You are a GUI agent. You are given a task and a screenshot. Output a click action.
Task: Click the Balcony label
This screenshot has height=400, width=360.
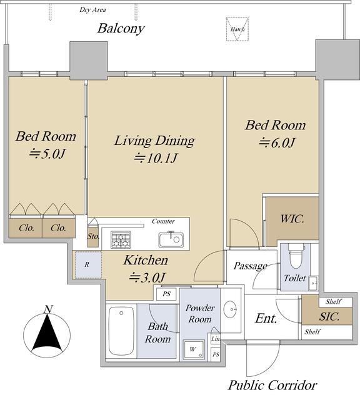click(121, 29)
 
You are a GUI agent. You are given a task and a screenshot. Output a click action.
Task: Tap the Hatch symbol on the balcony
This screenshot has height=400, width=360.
click(237, 29)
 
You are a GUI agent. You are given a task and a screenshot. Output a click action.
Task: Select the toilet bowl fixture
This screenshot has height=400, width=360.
click(296, 256)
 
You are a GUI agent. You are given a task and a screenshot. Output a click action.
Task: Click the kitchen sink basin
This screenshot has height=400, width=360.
click(171, 239)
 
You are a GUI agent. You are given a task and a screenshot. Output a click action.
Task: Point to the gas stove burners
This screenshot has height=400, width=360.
click(121, 239)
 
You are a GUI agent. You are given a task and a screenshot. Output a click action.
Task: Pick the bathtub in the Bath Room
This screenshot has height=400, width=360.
click(121, 331)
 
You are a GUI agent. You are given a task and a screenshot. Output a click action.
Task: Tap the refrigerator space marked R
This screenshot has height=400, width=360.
click(88, 264)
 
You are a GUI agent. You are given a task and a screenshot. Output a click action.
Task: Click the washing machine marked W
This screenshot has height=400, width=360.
click(194, 349)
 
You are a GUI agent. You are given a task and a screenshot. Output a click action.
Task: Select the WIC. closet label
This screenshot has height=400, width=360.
click(292, 219)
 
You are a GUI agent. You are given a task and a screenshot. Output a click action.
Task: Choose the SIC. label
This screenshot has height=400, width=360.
click(329, 317)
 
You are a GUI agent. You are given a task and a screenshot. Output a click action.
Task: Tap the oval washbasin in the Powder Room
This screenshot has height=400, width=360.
click(230, 309)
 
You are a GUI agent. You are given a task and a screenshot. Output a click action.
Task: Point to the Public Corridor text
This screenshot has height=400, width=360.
click(272, 385)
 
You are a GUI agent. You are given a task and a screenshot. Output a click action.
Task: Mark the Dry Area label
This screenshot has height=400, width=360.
click(92, 10)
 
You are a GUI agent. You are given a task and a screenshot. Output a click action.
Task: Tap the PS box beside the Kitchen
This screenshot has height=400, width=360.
click(166, 294)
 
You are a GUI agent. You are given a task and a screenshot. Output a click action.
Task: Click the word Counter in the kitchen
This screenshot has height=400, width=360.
click(163, 221)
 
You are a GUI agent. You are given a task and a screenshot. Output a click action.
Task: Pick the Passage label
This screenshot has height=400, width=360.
click(251, 266)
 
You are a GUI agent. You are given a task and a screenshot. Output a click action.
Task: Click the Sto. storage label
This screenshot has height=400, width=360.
click(93, 236)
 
